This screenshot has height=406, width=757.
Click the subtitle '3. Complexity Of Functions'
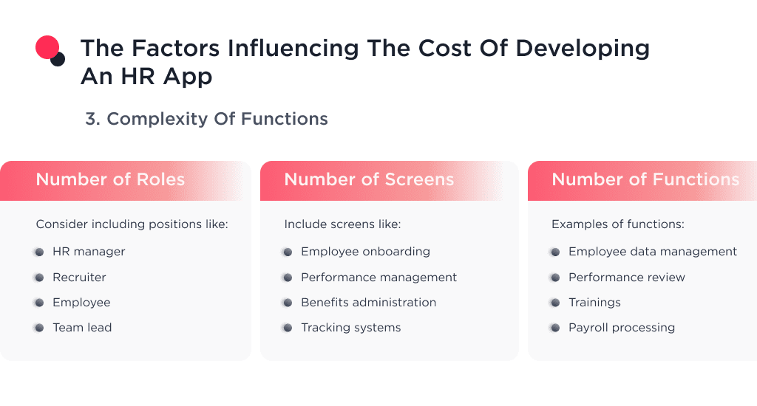[x=206, y=119]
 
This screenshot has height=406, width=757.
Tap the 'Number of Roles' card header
[x=110, y=179]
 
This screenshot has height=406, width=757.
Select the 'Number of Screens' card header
[x=369, y=179]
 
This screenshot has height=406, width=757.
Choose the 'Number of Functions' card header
[x=645, y=179]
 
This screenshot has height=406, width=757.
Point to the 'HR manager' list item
[x=89, y=252]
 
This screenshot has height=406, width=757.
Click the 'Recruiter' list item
[x=79, y=278]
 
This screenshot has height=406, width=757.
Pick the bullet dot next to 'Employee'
[x=38, y=303]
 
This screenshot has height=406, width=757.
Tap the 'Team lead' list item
[x=82, y=328]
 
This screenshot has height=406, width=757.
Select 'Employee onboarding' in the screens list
[x=365, y=252]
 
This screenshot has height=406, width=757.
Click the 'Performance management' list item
[x=378, y=278]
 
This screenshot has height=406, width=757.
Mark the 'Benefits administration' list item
[x=368, y=303]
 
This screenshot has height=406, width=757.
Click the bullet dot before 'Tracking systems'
[x=287, y=328]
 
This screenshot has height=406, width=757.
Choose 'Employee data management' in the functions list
[x=652, y=252]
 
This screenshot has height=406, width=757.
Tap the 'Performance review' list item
[x=626, y=278]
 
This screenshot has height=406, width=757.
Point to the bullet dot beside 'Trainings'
[x=554, y=303]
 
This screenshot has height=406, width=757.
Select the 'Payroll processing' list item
[x=621, y=328]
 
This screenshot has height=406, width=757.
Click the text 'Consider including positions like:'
[x=132, y=224]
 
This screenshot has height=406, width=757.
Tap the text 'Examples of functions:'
[x=617, y=224]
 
